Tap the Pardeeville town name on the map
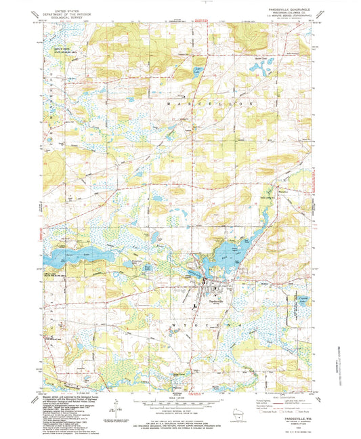pyautogui.click(x=216, y=300)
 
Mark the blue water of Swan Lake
pyautogui.click(x=75, y=257)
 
